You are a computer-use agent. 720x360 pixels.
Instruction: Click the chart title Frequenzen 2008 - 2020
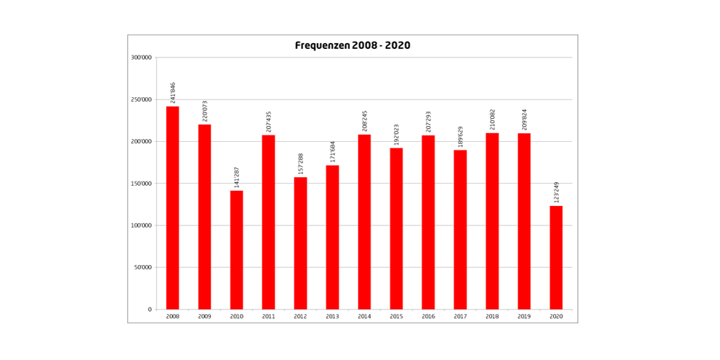(352, 45)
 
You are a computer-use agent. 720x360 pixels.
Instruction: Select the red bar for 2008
(173, 208)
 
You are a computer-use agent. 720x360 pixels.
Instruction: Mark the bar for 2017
(460, 230)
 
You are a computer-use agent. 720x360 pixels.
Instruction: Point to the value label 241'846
(173, 92)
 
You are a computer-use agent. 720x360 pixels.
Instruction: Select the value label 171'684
(333, 151)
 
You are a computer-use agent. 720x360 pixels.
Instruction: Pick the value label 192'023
(396, 134)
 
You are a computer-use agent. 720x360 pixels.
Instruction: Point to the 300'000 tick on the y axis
(141, 58)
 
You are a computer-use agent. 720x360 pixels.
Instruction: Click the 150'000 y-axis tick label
(141, 184)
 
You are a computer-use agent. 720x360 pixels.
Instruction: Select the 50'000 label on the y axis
(143, 268)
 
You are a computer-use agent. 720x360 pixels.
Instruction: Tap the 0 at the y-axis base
(150, 310)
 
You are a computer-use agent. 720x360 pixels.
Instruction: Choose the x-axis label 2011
(269, 317)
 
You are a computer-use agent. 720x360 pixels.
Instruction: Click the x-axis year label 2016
(428, 317)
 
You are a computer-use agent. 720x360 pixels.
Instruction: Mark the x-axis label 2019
(524, 317)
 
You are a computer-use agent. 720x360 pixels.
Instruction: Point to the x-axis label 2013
(333, 317)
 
